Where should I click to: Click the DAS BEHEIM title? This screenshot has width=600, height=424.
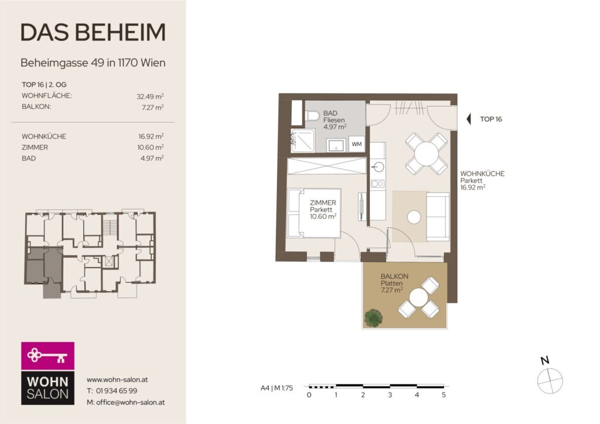pos(93,32)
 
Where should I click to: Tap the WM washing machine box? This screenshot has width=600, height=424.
pos(357,144)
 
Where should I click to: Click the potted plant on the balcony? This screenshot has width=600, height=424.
pos(373,317)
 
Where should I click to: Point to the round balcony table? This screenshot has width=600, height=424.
pos(418,298)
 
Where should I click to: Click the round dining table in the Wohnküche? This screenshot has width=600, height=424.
pos(427,153)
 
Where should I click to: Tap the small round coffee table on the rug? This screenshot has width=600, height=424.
pos(414,217)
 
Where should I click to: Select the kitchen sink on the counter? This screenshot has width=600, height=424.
pos(379,167)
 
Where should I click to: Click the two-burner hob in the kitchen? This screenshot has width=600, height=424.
pos(377,184)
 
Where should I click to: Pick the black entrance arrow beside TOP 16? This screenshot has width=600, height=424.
pos(468,119)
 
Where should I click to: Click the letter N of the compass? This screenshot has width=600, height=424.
pos(545,360)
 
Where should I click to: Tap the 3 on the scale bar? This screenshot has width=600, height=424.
pos(390,395)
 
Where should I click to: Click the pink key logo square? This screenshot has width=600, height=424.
pos(48,355)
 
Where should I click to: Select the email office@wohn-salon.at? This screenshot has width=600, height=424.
pos(131,402)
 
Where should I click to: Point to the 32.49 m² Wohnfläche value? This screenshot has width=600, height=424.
pos(150,97)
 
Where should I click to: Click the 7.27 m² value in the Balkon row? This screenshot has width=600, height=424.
pos(153,107)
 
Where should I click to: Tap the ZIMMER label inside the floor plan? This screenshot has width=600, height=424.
pos(323,203)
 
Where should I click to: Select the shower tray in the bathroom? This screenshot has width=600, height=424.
pos(303,141)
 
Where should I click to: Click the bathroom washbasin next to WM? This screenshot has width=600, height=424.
pos(336,145)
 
